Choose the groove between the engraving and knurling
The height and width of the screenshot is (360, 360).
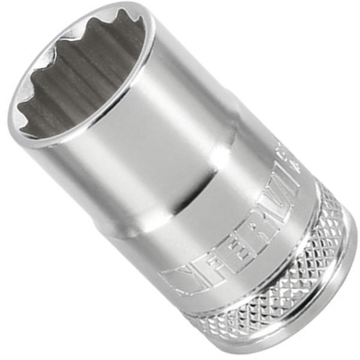252,258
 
